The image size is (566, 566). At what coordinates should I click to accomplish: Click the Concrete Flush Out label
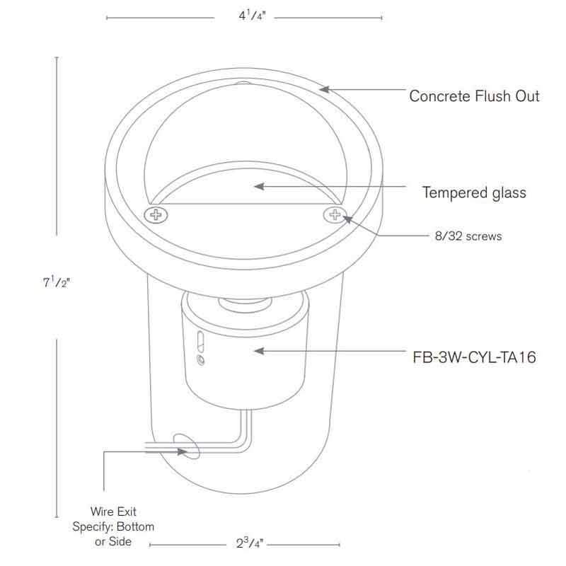tap(474, 96)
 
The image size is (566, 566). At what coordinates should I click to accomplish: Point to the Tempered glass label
tap(474, 192)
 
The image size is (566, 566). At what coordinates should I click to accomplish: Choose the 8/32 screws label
tap(468, 236)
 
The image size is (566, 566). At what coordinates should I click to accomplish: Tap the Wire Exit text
tap(113, 511)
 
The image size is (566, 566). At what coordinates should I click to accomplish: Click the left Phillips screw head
tap(154, 214)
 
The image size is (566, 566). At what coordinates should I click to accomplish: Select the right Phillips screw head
tap(333, 214)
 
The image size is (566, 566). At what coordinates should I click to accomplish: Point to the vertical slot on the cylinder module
tap(200, 341)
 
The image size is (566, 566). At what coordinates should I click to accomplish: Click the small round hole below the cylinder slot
tap(200, 360)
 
